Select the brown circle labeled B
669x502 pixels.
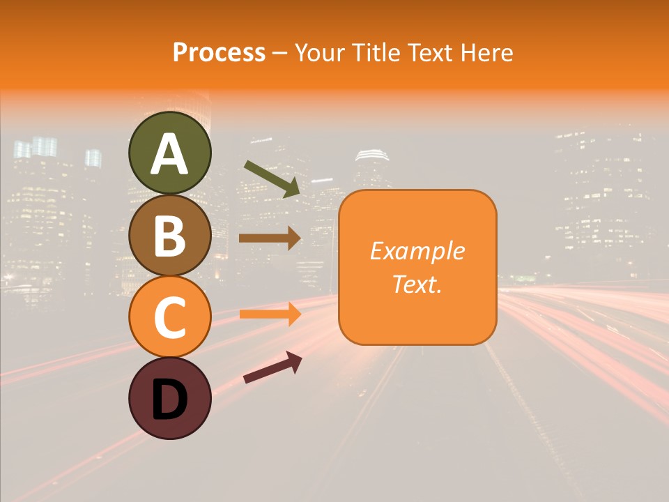click(169, 235)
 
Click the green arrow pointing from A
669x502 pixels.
click(272, 178)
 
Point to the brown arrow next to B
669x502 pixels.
click(270, 238)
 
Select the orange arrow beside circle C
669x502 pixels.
click(270, 314)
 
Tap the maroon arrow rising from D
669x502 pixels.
click(272, 367)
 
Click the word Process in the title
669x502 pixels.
click(219, 53)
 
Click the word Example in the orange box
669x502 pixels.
click(417, 251)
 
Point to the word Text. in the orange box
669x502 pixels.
click(417, 284)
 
